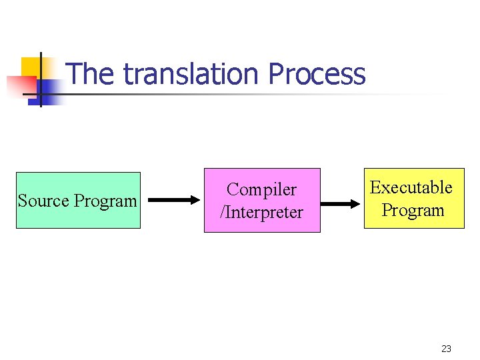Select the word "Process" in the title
point(317,75)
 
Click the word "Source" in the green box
point(44,201)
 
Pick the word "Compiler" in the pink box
point(261,190)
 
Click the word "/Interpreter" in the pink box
point(261,213)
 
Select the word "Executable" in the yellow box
point(411,188)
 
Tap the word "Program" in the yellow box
point(413,211)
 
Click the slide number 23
point(446,349)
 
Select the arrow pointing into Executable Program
point(341,203)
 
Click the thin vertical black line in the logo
point(41,80)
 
